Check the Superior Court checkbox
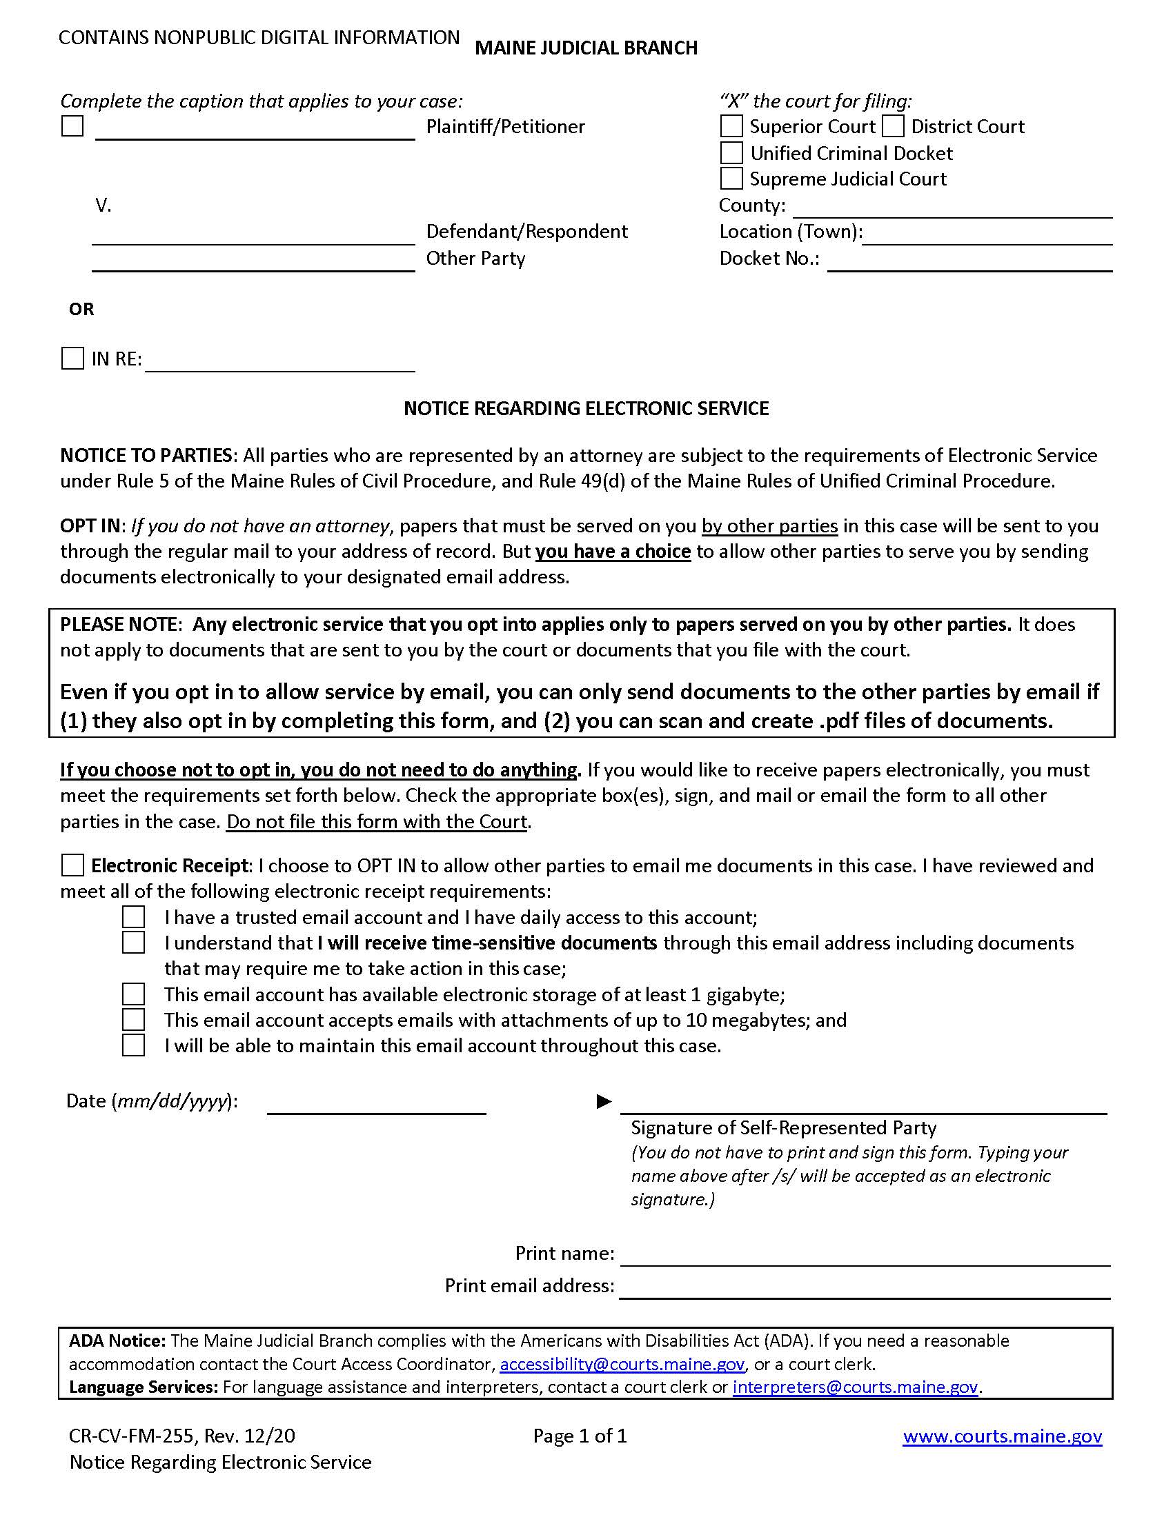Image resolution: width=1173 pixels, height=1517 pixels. click(731, 126)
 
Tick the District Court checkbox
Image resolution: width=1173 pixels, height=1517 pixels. click(893, 126)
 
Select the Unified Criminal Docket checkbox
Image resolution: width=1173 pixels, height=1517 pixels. click(731, 153)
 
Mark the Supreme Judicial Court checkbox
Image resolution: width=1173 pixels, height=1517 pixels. click(731, 179)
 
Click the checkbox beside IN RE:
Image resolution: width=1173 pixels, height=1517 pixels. click(72, 359)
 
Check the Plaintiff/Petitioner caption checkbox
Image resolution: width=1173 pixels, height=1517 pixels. click(72, 125)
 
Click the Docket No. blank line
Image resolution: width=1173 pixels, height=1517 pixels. click(969, 263)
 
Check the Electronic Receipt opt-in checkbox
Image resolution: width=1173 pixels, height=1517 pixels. click(72, 865)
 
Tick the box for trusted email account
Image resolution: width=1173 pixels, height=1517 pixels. click(133, 917)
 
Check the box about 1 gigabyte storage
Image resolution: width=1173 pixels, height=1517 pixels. click(133, 994)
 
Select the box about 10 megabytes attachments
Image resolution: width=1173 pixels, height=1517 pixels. click(133, 1020)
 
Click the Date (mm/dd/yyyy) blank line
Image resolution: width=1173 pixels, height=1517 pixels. click(376, 1105)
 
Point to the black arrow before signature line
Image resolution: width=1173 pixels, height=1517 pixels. click(604, 1102)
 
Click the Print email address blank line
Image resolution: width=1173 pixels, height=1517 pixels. click(865, 1289)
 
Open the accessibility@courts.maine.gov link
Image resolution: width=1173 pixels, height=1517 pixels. click(622, 1363)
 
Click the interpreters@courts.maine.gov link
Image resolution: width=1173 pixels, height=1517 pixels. click(855, 1387)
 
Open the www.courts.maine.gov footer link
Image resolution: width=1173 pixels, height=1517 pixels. click(1002, 1436)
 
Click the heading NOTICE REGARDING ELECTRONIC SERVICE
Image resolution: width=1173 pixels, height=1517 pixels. click(586, 408)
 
